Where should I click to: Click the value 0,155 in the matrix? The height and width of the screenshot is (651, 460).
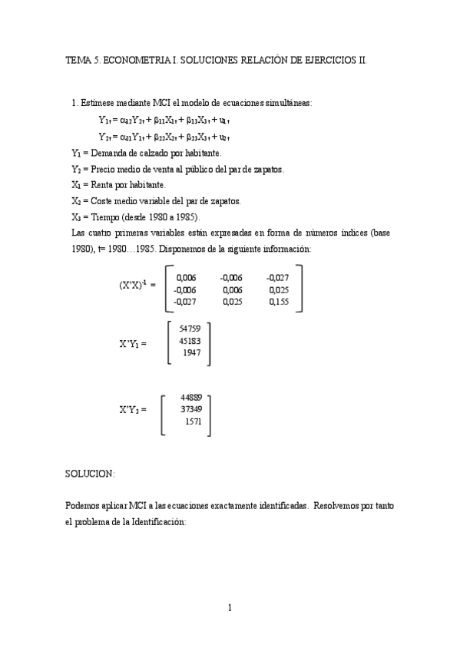pyautogui.click(x=280, y=302)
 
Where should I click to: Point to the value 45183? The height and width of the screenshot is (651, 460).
pyautogui.click(x=190, y=340)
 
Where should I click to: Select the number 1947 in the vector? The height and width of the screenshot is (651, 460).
pyautogui.click(x=192, y=352)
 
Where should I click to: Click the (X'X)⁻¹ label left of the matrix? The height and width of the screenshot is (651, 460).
pyautogui.click(x=134, y=284)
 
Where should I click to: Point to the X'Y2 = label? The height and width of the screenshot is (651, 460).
pyautogui.click(x=133, y=410)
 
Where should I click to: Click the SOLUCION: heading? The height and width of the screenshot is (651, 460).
pyautogui.click(x=90, y=475)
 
